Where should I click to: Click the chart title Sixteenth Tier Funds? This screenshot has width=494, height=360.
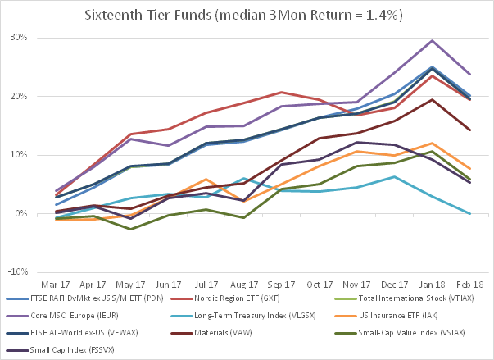(247, 15)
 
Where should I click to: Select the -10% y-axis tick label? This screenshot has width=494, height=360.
(16, 273)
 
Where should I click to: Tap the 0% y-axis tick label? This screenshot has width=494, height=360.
(20, 214)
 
